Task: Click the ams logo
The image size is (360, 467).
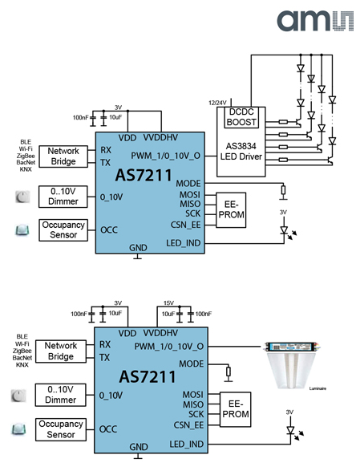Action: [x=315, y=21]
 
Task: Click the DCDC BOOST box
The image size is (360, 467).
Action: [x=241, y=117]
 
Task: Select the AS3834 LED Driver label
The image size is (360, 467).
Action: [x=241, y=152]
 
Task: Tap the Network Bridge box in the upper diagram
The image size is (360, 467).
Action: [x=63, y=156]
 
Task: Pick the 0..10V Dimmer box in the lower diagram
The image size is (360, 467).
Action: [x=60, y=395]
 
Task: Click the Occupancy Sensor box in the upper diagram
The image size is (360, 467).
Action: [x=63, y=230]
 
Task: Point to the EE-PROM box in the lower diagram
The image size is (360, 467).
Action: [x=236, y=409]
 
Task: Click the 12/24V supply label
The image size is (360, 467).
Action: [x=217, y=103]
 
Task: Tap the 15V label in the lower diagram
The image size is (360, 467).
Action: [x=168, y=303]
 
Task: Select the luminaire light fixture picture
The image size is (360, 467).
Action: [x=293, y=366]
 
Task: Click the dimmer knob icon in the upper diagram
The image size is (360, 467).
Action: [x=22, y=197]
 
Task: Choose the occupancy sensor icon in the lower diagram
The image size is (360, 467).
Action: [x=18, y=429]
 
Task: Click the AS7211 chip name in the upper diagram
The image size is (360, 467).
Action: [x=144, y=175]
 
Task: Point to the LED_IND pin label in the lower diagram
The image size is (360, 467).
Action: [x=187, y=445]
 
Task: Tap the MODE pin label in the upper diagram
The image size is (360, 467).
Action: [x=188, y=184]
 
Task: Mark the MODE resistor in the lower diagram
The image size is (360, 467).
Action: [x=229, y=372]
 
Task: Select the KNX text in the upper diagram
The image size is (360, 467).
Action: [x=26, y=169]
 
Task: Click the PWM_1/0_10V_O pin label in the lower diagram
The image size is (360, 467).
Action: [x=169, y=347]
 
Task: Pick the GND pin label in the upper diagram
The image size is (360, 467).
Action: [x=138, y=248]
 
